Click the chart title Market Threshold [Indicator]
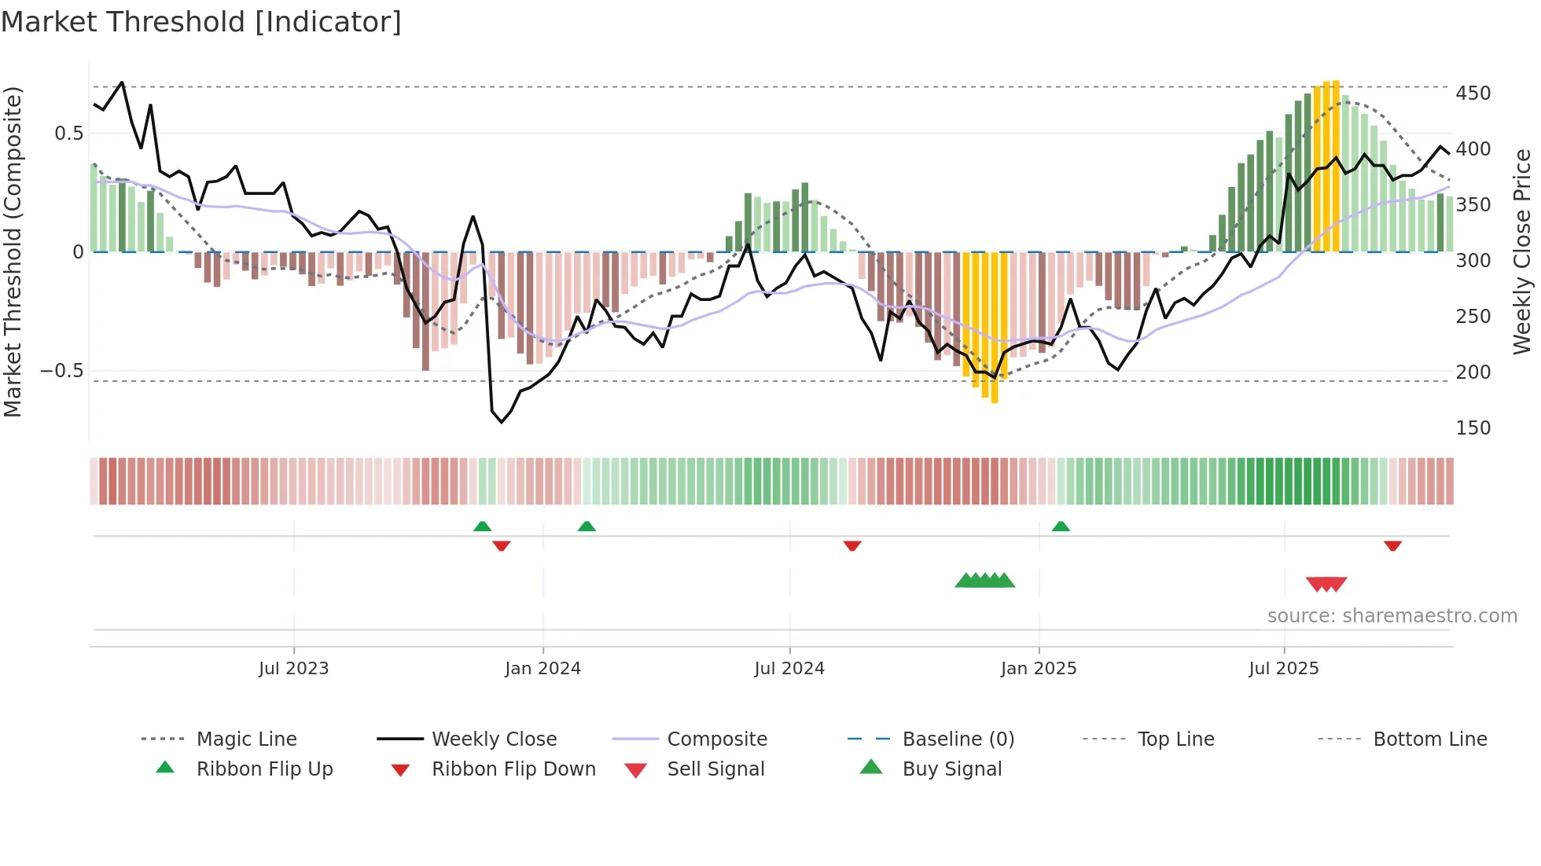tap(201, 22)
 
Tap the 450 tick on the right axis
tap(1473, 94)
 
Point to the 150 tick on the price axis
tap(1473, 428)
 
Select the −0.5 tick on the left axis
tap(61, 371)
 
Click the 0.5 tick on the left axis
tap(68, 134)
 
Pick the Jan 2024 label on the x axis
tap(542, 669)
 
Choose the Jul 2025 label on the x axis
tap(1283, 669)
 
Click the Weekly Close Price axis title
tap(1522, 251)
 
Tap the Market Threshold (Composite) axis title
tap(13, 251)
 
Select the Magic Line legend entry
tap(246, 739)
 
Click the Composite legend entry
tap(716, 739)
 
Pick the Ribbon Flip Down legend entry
tap(513, 769)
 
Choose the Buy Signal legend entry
tap(951, 769)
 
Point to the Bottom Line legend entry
tap(1429, 739)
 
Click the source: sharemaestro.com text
tap(1392, 616)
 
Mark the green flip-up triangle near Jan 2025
tap(1061, 527)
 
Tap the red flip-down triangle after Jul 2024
tap(852, 545)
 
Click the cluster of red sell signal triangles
tap(1326, 584)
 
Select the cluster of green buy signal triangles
tap(984, 581)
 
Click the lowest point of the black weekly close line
tap(502, 422)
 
